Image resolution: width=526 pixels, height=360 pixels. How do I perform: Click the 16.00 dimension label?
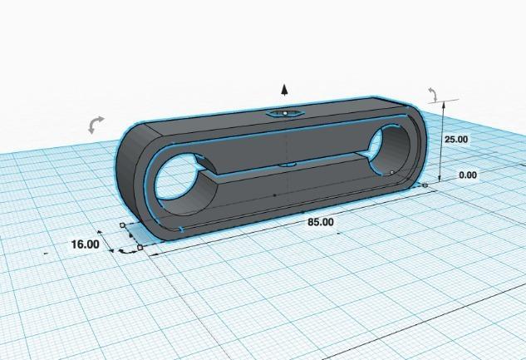(x=85, y=244)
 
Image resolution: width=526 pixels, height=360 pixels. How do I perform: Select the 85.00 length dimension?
(x=321, y=222)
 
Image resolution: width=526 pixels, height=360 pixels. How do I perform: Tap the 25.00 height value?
(x=455, y=140)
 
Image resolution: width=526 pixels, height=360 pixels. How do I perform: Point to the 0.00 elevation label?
(x=468, y=175)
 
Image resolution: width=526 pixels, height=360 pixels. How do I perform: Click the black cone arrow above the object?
(x=284, y=90)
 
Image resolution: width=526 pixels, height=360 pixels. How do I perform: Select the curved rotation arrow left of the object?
(x=96, y=125)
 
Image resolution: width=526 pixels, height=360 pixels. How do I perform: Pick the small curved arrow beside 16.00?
(x=127, y=249)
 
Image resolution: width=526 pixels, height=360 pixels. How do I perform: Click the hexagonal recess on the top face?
(x=285, y=112)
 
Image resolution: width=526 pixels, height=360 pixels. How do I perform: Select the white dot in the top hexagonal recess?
(x=285, y=112)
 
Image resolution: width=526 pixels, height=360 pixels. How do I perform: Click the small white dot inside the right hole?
(x=391, y=172)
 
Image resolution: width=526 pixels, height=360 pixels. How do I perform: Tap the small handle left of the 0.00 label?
(x=425, y=185)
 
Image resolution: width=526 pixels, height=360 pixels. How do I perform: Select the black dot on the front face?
(x=274, y=195)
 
